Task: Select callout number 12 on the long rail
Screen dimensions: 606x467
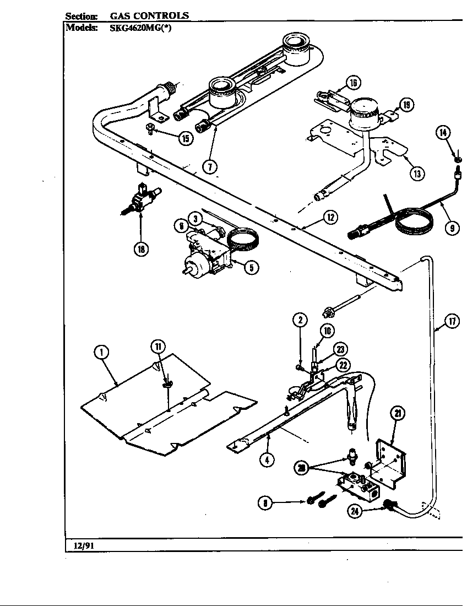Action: coord(330,218)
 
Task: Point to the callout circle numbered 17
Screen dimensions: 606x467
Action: coord(452,322)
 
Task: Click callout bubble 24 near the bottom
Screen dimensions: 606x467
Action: coord(355,510)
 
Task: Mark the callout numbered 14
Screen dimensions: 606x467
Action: coord(443,132)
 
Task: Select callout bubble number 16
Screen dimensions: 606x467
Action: coord(352,83)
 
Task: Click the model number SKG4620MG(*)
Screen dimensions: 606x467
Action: coord(135,29)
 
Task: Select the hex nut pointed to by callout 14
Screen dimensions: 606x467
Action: coord(458,159)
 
